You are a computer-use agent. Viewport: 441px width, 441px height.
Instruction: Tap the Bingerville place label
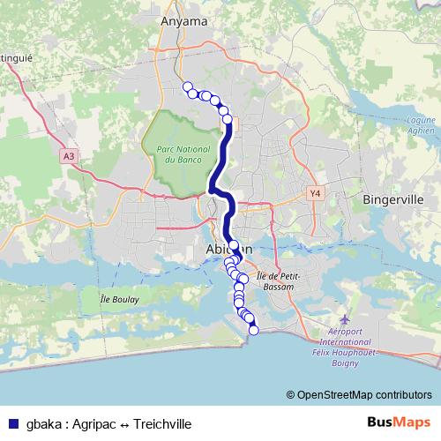[x=394, y=200]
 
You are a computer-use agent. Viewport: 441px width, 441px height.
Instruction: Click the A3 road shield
[x=69, y=156]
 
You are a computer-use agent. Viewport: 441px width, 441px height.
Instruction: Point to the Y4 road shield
[x=314, y=191]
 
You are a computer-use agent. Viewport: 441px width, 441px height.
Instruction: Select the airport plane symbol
[x=343, y=318]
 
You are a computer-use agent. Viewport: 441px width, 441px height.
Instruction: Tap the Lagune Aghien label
[x=419, y=128]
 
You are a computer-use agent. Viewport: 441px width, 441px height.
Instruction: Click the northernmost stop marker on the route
[x=187, y=86]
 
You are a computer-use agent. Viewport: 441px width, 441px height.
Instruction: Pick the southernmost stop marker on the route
[x=255, y=331]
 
